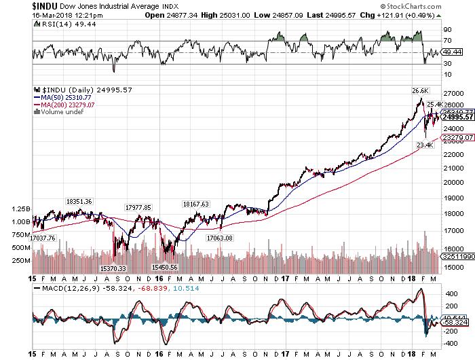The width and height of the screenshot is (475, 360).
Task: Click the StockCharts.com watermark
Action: click(437, 5)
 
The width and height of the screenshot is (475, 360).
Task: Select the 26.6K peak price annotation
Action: click(419, 90)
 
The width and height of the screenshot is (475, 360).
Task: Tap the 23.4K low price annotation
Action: click(425, 145)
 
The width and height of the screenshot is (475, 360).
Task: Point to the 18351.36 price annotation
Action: click(79, 202)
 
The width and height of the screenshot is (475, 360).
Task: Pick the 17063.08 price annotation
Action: click(218, 238)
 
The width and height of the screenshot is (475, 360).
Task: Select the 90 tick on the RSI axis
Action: click(448, 30)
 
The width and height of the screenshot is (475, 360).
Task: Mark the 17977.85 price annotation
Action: click(138, 207)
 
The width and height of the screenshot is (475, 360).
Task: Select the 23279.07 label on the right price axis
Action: click(456, 137)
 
